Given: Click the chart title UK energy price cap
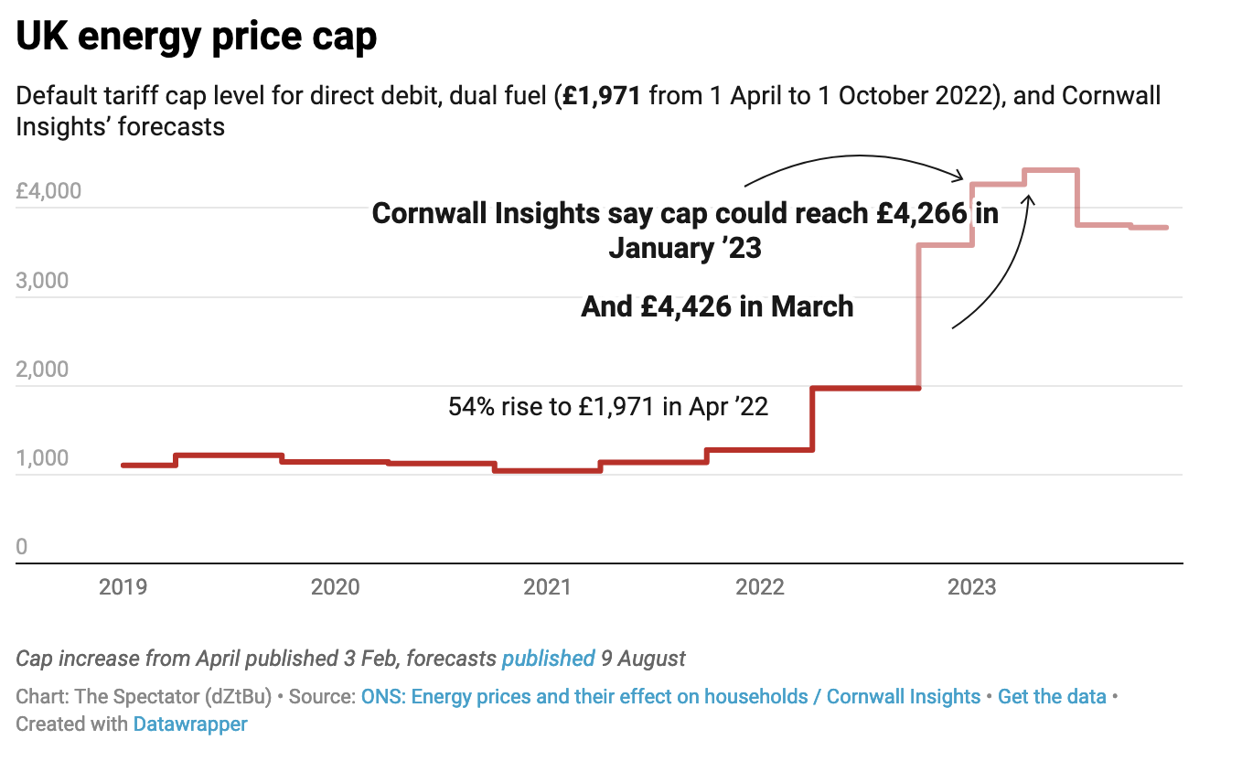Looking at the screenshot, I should coord(196,38).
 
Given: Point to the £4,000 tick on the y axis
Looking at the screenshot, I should coord(48,192).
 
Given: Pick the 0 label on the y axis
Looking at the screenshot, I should coord(22,547).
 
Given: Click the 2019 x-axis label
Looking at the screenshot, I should coord(123,586).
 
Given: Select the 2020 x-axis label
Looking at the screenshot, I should coord(335,586).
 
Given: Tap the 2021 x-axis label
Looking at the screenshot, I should coord(547,586).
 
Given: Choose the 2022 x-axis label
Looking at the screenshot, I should coord(760,586).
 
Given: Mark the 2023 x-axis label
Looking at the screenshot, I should coord(972,586).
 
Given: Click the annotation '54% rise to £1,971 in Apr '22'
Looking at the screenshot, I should coord(607,407).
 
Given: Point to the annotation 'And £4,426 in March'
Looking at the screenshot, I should coord(717,306).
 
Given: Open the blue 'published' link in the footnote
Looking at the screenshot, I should coord(548,659).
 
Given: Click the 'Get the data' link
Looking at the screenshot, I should coord(1052,697).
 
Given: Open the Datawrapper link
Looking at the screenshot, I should coord(190,724).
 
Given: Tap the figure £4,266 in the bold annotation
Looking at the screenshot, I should coord(921,214).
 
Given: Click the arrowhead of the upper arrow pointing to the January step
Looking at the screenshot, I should coord(961,176).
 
